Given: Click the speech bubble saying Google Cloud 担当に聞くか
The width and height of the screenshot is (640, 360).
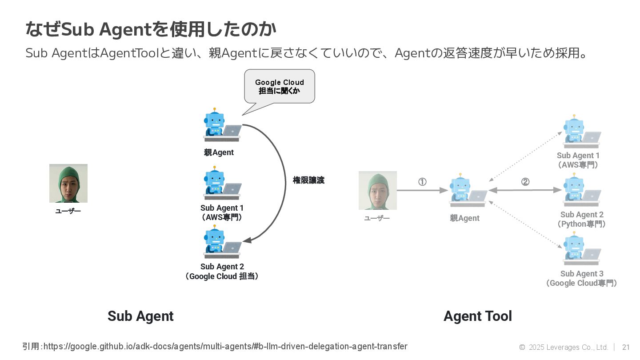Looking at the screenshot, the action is point(280,87).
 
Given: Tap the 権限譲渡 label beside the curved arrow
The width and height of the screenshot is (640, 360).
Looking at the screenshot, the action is point(308,180).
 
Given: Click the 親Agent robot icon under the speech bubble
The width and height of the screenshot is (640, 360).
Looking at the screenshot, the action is point(222,125).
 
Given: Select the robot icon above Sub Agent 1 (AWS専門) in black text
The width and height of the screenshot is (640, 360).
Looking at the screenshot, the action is point(222,183).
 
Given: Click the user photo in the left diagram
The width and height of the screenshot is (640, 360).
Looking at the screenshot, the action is point(68,183).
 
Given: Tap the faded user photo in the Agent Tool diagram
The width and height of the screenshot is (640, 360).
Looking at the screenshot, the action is point(378,190).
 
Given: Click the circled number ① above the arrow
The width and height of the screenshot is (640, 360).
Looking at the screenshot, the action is point(422,182).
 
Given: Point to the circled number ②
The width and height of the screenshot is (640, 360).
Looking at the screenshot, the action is point(525,182).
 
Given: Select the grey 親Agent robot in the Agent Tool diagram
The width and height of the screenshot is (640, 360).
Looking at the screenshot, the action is point(468,190).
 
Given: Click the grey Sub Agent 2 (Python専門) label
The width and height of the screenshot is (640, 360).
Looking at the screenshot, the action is point(582,219).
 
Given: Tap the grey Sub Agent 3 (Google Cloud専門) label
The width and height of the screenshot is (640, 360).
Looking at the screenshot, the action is point(582,278).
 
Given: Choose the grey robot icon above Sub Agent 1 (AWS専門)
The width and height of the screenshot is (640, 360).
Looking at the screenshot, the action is point(581,132).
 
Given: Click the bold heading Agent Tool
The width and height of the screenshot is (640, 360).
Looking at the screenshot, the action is point(478,316).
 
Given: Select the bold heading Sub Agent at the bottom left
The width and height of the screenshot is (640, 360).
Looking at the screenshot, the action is point(140,316).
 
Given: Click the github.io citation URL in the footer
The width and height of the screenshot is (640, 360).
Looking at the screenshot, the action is point(225,346).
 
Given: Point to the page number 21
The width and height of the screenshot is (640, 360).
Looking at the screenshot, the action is point(626,347).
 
